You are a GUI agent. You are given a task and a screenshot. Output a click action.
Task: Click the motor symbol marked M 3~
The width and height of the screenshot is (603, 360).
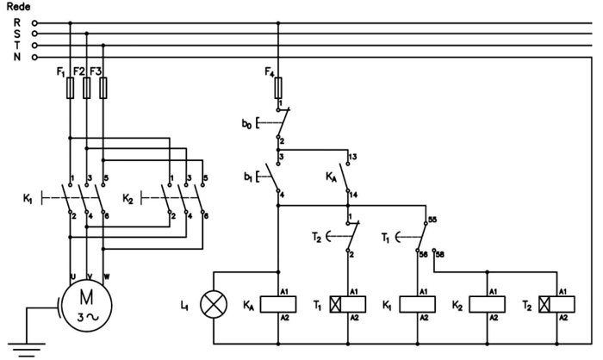tap(86, 305)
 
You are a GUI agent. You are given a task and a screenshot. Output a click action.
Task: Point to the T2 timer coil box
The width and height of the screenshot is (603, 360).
tap(558, 304)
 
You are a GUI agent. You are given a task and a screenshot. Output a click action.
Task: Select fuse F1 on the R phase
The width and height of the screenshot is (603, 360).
tap(70, 89)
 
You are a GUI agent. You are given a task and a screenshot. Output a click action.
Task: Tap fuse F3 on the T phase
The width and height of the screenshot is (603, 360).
tap(103, 89)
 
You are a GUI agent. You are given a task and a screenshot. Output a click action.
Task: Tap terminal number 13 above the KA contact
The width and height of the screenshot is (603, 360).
tap(352, 157)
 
